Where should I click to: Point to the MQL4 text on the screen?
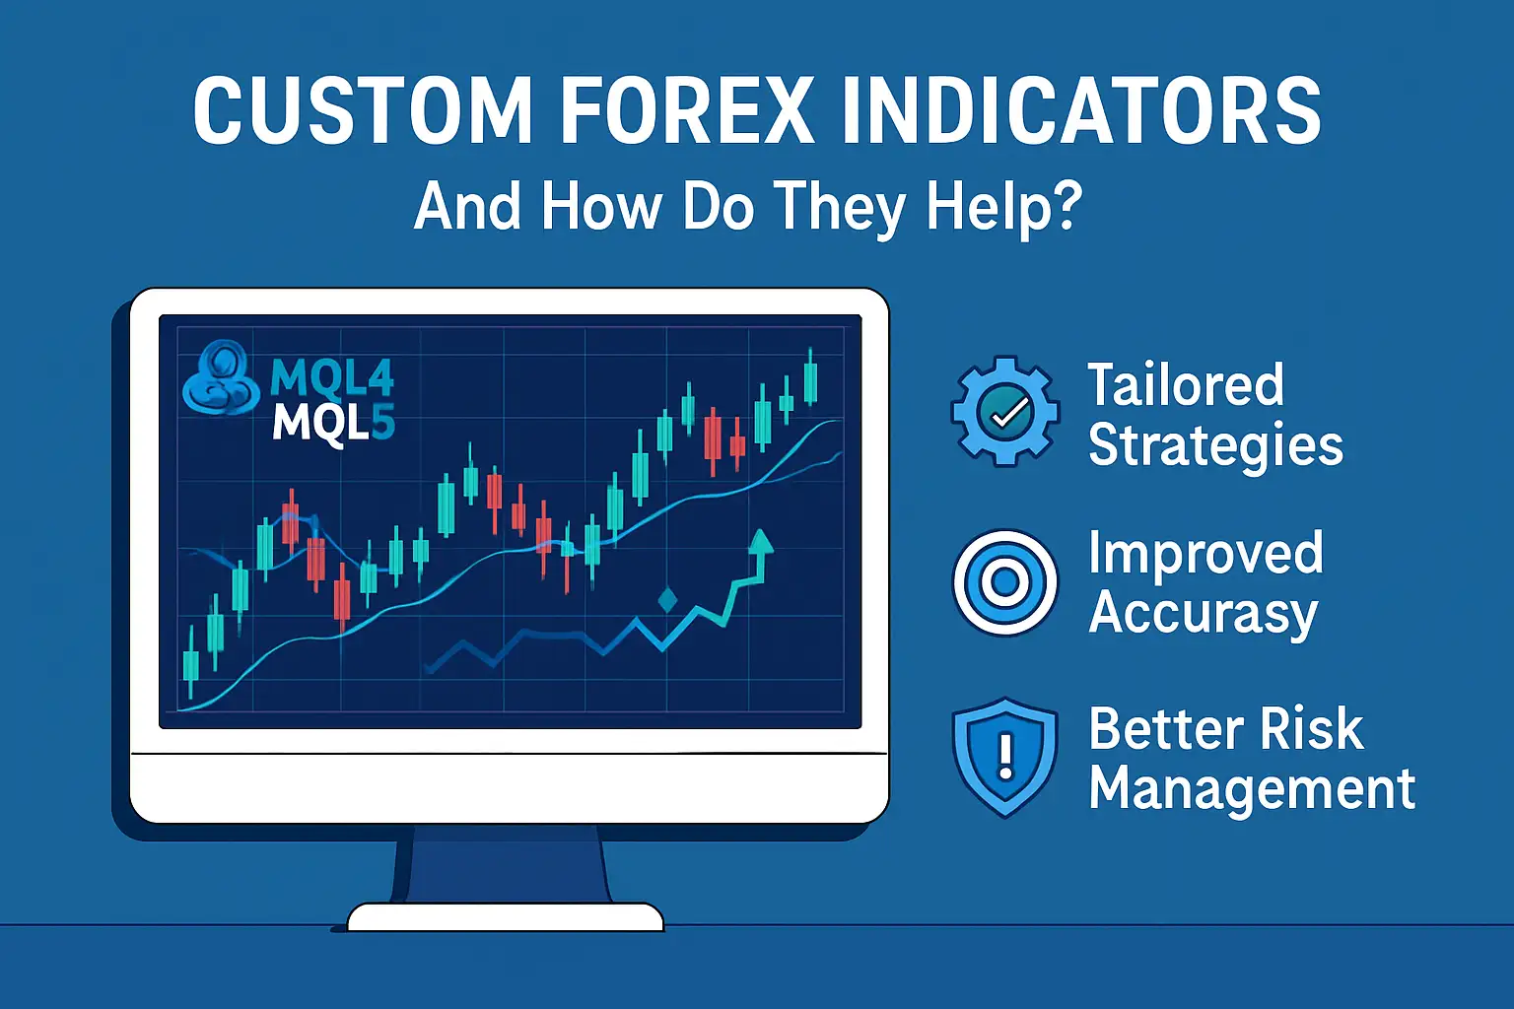(331, 376)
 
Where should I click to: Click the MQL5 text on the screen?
(333, 424)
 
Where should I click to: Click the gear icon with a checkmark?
(1004, 411)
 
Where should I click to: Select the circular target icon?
(1004, 582)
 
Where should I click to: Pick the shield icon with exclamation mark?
(1004, 757)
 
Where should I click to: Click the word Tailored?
(1185, 384)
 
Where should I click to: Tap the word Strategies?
(1214, 445)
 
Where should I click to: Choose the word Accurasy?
(1203, 614)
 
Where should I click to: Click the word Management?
(1252, 789)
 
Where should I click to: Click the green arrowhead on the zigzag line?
(759, 542)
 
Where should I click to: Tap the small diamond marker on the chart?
(667, 599)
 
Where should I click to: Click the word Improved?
(1204, 553)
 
